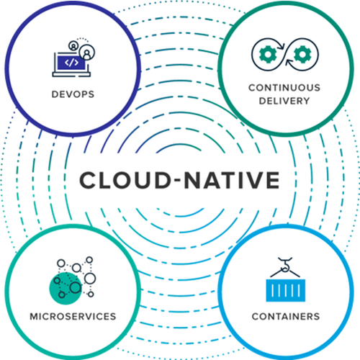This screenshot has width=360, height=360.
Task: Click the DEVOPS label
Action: coord(73,94)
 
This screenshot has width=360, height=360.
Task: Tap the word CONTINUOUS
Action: coord(284,88)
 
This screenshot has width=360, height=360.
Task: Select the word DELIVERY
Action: coord(284,101)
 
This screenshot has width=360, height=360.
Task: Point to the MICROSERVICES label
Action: coord(73,317)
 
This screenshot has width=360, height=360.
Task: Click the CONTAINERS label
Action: coord(286,317)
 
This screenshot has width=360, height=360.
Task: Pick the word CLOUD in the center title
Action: coord(125,180)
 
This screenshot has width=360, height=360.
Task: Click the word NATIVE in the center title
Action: coord(232,180)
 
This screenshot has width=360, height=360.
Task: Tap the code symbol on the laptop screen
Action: coord(71,63)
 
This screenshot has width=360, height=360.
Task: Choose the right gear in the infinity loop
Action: coord(302,55)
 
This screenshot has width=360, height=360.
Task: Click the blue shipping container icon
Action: coord(286,290)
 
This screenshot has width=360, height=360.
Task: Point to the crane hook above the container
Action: coord(285,265)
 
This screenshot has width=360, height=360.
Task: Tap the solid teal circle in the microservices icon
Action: coord(64,289)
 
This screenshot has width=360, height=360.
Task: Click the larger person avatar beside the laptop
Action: coord(87,52)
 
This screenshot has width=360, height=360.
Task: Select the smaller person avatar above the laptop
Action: coord(73,45)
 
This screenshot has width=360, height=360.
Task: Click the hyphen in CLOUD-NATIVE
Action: coord(178,181)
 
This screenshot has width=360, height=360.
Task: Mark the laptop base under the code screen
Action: coord(71,75)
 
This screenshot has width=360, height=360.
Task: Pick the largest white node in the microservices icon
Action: coord(90,279)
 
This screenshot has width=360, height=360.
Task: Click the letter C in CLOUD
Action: coord(88,180)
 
